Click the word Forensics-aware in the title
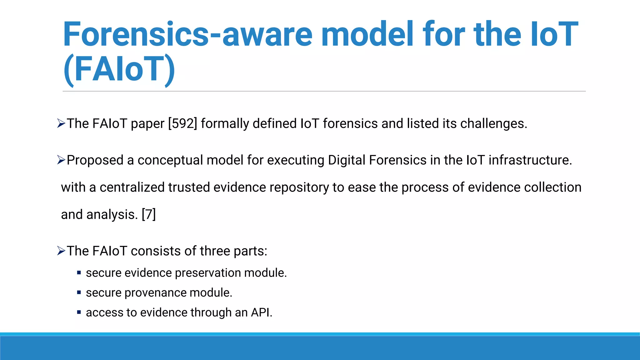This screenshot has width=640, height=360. point(187,34)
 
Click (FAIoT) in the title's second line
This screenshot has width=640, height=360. point(119,69)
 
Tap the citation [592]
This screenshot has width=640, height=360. point(182,123)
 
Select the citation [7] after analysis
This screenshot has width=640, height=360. point(149,214)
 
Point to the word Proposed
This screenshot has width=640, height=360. point(95,160)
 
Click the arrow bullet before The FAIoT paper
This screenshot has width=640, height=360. point(61,124)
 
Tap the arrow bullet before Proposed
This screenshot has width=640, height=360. point(61,160)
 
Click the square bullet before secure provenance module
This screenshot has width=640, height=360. point(79,292)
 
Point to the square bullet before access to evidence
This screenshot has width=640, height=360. point(79,312)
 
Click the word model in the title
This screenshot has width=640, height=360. point(367,34)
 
